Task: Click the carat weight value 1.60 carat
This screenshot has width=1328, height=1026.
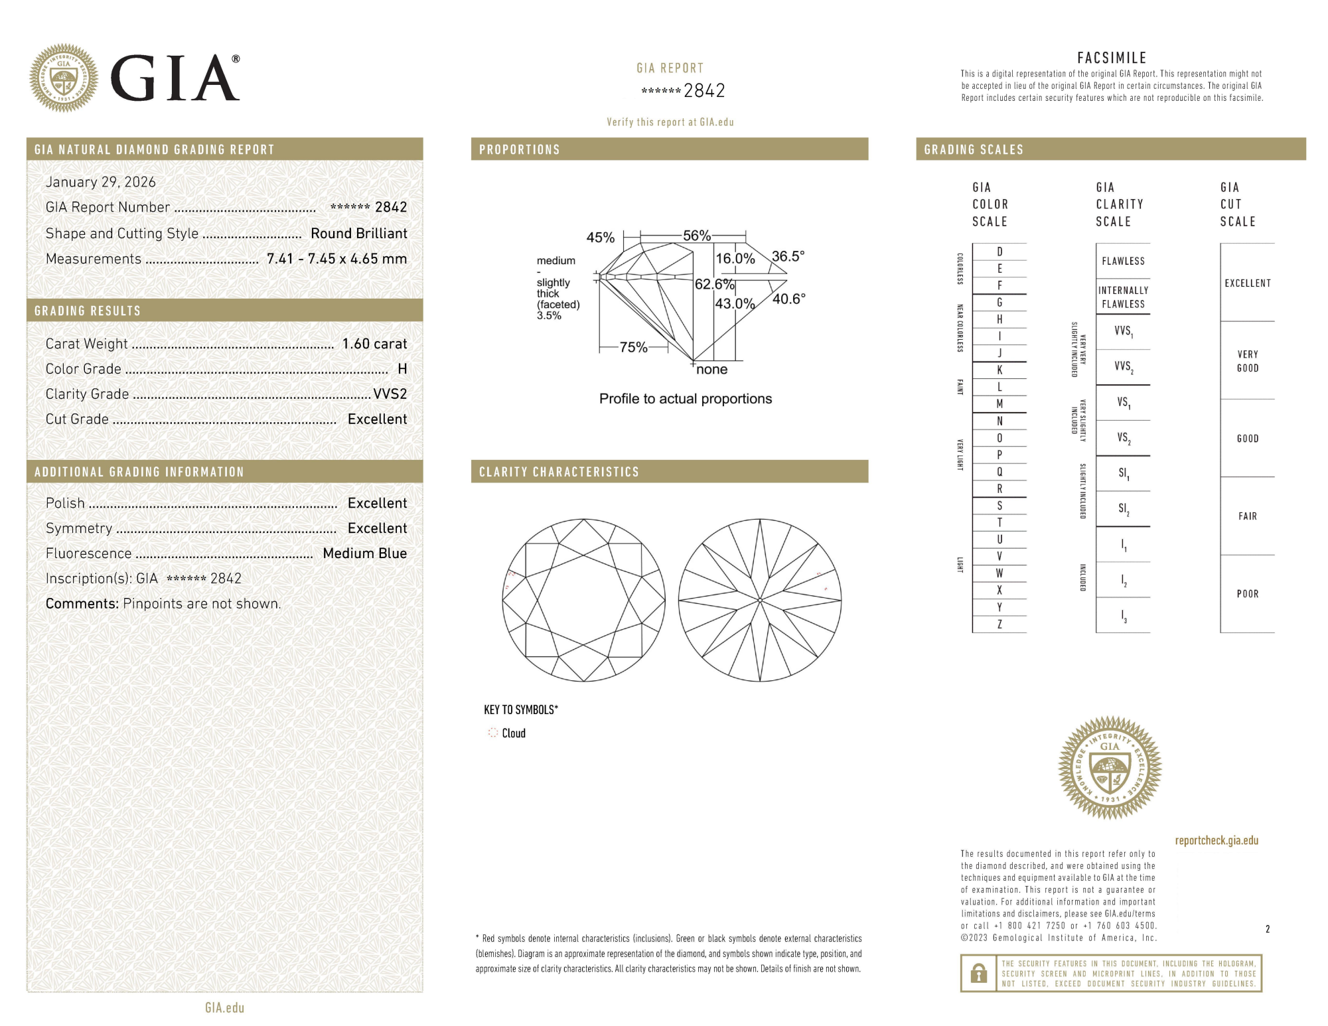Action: (x=374, y=344)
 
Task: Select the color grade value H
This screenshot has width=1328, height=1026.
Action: (x=402, y=369)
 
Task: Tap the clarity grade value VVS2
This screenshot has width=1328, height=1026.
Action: (x=390, y=394)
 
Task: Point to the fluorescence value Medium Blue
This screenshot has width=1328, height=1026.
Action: (x=364, y=553)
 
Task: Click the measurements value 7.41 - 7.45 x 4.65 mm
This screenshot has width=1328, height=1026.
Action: (x=336, y=259)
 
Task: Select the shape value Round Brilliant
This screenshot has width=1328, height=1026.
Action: (x=358, y=234)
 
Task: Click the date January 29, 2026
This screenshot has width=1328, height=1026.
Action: (x=101, y=182)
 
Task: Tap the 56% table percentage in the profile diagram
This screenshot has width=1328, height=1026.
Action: (x=697, y=236)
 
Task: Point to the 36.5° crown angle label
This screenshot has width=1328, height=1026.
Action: (x=788, y=256)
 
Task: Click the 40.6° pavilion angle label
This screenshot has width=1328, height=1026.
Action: (x=788, y=299)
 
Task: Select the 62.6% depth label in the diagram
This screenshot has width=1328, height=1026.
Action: (x=714, y=284)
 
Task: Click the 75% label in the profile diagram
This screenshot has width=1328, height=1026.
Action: (x=633, y=347)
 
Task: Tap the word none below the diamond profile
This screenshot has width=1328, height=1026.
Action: (x=711, y=370)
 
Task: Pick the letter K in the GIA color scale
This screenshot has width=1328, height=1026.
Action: (x=999, y=370)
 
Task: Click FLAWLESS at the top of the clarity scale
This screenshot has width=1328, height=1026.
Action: (x=1123, y=261)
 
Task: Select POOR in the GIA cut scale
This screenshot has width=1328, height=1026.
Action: (x=1247, y=594)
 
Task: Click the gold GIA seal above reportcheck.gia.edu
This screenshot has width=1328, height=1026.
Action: (x=1110, y=767)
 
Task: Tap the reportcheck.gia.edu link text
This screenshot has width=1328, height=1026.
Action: (x=1216, y=840)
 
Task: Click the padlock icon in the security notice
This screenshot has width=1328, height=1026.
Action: (x=978, y=974)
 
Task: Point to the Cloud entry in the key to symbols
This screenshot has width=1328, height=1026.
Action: (x=513, y=733)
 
